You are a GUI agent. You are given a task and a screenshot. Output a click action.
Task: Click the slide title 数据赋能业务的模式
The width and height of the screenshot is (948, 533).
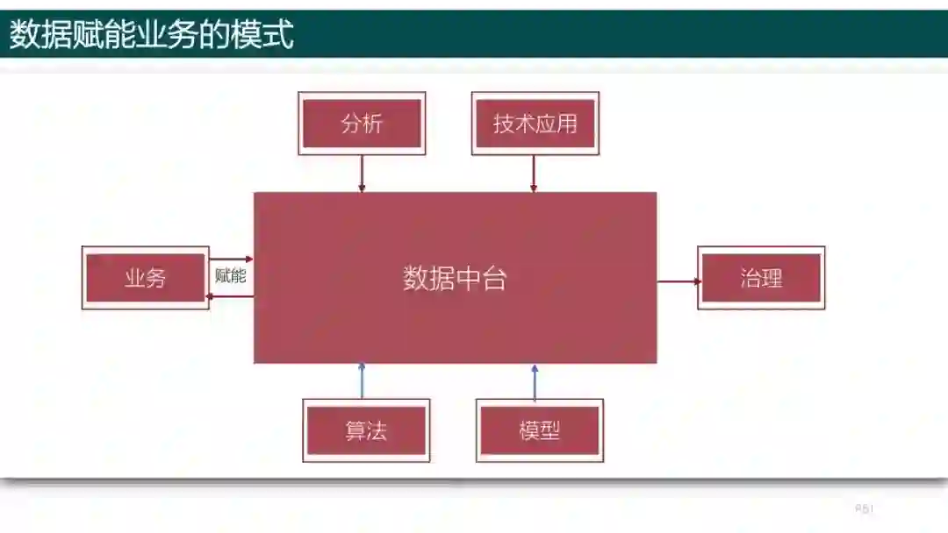pyautogui.click(x=151, y=36)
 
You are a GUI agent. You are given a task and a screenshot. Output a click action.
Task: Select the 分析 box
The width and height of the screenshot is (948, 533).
pyautogui.click(x=362, y=124)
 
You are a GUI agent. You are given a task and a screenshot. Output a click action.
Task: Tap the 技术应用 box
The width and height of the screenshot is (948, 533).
pyautogui.click(x=535, y=124)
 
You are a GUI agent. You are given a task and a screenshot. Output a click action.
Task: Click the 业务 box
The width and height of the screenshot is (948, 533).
pyautogui.click(x=145, y=278)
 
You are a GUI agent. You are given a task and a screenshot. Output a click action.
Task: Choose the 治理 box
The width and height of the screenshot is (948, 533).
pyautogui.click(x=761, y=278)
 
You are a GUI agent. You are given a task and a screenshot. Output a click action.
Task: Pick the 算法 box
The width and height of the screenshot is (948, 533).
pyautogui.click(x=366, y=430)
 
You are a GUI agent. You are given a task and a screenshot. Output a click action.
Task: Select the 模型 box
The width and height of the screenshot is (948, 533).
pyautogui.click(x=539, y=430)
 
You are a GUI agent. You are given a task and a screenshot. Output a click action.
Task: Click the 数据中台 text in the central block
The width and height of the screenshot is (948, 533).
pyautogui.click(x=455, y=279)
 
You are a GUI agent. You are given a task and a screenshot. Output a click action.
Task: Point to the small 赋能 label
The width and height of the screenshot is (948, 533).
pyautogui.click(x=231, y=276)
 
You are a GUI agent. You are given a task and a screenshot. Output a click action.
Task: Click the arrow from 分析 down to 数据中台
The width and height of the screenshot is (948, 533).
pyautogui.click(x=362, y=174)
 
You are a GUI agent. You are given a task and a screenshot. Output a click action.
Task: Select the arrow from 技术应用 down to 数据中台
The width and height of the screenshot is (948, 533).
pyautogui.click(x=534, y=174)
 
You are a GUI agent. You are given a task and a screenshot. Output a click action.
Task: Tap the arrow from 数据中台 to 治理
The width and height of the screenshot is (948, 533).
pyautogui.click(x=679, y=281)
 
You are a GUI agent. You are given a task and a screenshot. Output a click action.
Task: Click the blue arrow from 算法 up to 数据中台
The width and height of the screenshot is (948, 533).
pyautogui.click(x=362, y=380)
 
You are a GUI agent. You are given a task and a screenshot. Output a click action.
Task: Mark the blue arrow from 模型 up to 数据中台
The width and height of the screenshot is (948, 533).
pyautogui.click(x=535, y=380)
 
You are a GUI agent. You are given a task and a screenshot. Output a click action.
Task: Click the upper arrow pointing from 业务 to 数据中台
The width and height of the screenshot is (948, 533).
pyautogui.click(x=231, y=259)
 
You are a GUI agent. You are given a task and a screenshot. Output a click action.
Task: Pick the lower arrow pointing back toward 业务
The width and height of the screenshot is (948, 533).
pyautogui.click(x=231, y=296)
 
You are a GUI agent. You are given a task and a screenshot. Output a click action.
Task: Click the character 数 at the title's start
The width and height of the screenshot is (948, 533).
pyautogui.click(x=24, y=36)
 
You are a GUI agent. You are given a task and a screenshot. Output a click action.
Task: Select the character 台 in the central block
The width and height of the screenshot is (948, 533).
pyautogui.click(x=494, y=279)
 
